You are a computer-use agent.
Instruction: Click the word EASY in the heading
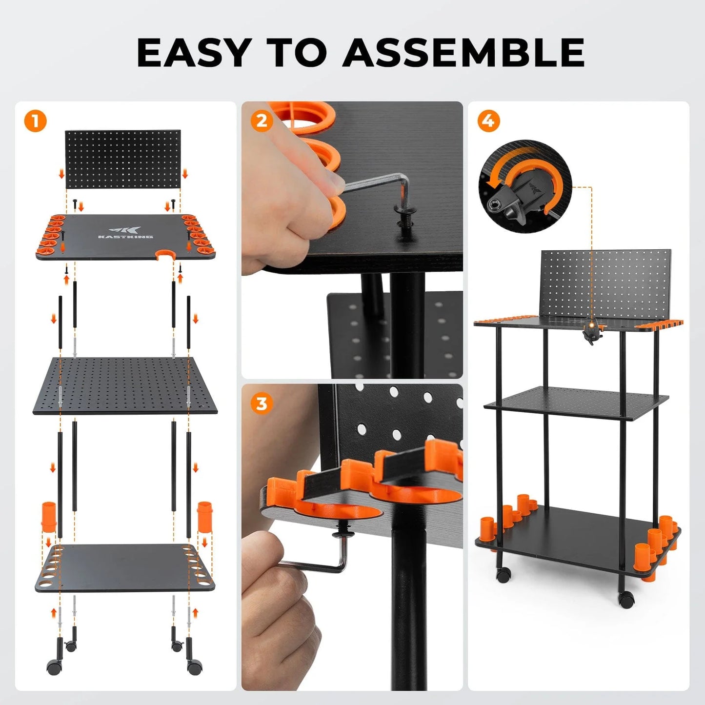194,52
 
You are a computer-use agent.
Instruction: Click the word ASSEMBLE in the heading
463,52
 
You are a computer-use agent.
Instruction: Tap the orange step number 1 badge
35,121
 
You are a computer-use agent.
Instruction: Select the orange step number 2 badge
262,121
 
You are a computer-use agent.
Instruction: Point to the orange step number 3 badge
262,404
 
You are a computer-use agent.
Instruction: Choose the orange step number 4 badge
488,121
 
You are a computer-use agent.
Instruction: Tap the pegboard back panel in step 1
123,159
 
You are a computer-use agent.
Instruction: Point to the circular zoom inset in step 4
525,187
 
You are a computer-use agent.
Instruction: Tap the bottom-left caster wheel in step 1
55,666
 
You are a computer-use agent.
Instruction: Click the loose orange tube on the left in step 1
49,516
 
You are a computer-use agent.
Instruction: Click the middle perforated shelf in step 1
125,385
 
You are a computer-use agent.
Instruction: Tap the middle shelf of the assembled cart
576,403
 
